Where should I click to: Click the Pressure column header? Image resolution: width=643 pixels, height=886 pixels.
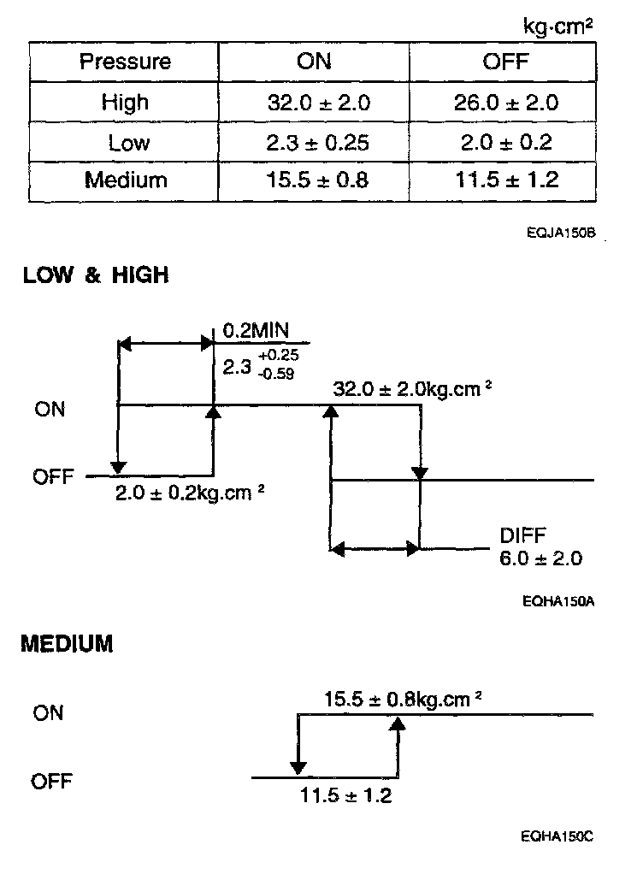pyautogui.click(x=125, y=62)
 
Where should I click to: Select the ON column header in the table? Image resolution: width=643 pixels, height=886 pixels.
pyautogui.click(x=314, y=62)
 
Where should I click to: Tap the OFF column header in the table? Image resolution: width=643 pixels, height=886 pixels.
pyautogui.click(x=504, y=62)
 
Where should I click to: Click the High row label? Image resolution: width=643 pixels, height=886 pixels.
pyautogui.click(x=125, y=103)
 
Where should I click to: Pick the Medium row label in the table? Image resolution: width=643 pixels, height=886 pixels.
pyautogui.click(x=125, y=180)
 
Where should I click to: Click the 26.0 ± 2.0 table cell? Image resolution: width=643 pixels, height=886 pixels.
pyautogui.click(x=504, y=103)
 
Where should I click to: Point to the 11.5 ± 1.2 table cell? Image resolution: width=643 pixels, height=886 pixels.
pyautogui.click(x=504, y=180)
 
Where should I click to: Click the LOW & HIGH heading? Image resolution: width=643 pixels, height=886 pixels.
pyautogui.click(x=96, y=276)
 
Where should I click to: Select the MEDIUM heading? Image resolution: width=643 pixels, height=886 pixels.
pyautogui.click(x=67, y=643)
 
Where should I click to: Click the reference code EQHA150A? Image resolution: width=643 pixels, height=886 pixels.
pyautogui.click(x=560, y=601)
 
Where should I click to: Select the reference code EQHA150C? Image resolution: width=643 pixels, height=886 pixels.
pyautogui.click(x=560, y=837)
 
